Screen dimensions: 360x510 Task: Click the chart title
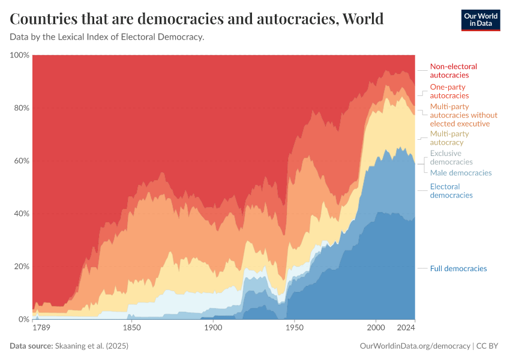click(197, 19)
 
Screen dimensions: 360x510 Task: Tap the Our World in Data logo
click(480, 19)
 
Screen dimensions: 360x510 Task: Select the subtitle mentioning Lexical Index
click(107, 37)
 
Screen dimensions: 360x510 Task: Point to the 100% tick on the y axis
click(19, 55)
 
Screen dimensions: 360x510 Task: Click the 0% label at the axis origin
click(23, 319)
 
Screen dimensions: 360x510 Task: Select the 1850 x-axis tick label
click(131, 329)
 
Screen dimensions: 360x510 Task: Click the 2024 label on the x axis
click(406, 329)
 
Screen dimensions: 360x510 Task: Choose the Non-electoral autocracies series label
click(453, 71)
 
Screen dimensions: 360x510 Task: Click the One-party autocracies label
click(449, 91)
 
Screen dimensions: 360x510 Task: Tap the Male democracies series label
click(460, 173)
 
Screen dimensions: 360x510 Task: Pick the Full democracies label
click(458, 268)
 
